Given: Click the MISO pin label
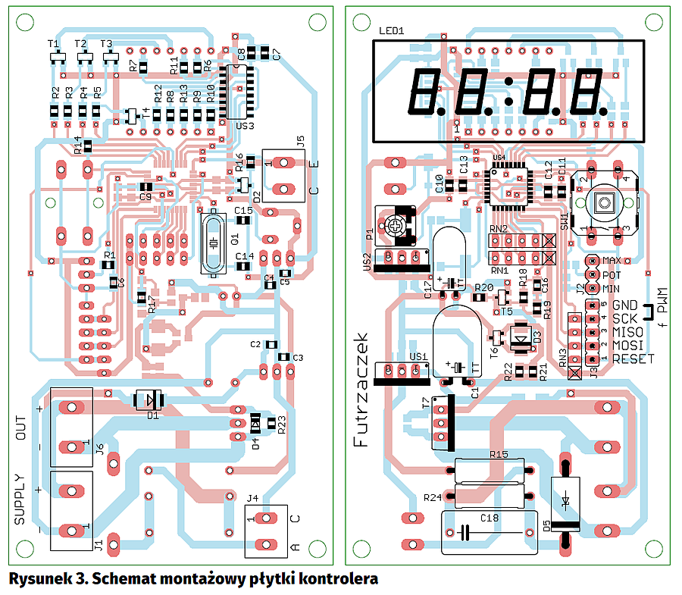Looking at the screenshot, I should (628, 332).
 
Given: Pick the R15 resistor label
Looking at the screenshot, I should (499, 454).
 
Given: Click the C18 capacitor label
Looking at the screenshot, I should (489, 518).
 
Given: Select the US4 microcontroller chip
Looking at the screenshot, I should (508, 184).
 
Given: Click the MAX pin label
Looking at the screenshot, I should (612, 261).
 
